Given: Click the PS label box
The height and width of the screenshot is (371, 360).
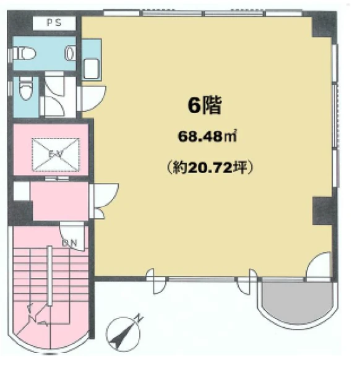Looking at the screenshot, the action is point(54,23).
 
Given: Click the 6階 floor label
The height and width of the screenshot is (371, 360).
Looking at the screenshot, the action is point(205,106).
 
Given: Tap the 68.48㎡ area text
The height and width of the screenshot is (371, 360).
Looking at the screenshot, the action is point(207,137).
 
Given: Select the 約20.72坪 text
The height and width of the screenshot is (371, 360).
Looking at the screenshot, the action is point(210,168).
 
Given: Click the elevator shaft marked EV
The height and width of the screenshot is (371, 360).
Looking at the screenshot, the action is point(56,155).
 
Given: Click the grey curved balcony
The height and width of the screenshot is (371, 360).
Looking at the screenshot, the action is point(297,302).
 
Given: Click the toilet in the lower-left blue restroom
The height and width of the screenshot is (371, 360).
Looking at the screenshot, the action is point(26,88).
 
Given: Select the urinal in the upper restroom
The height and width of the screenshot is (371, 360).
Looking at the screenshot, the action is point(70,54).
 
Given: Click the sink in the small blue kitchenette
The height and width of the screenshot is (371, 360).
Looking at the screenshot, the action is point(92,68).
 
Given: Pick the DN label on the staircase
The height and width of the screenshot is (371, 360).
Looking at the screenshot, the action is point(69,243).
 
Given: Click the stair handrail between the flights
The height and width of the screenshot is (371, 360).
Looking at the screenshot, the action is point(49,276).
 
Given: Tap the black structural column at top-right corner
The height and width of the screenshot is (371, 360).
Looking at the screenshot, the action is point(324,24).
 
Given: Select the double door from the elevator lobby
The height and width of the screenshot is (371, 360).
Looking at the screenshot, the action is point(104,200).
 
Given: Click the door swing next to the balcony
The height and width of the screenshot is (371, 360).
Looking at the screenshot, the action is point(318,265).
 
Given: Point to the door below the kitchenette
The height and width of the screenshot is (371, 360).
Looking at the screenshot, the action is point(93,98).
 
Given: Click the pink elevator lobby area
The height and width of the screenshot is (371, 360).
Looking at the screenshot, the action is point(60,201).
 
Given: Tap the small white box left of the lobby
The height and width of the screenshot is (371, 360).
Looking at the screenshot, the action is point(22,191).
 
